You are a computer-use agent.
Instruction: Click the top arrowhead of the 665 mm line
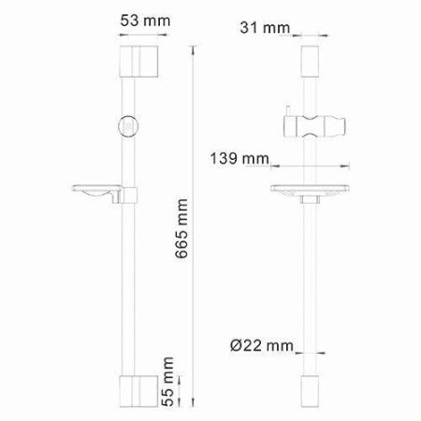195,47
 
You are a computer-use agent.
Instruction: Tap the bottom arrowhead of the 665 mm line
195,403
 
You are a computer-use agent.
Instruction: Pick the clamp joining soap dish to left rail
132,196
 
